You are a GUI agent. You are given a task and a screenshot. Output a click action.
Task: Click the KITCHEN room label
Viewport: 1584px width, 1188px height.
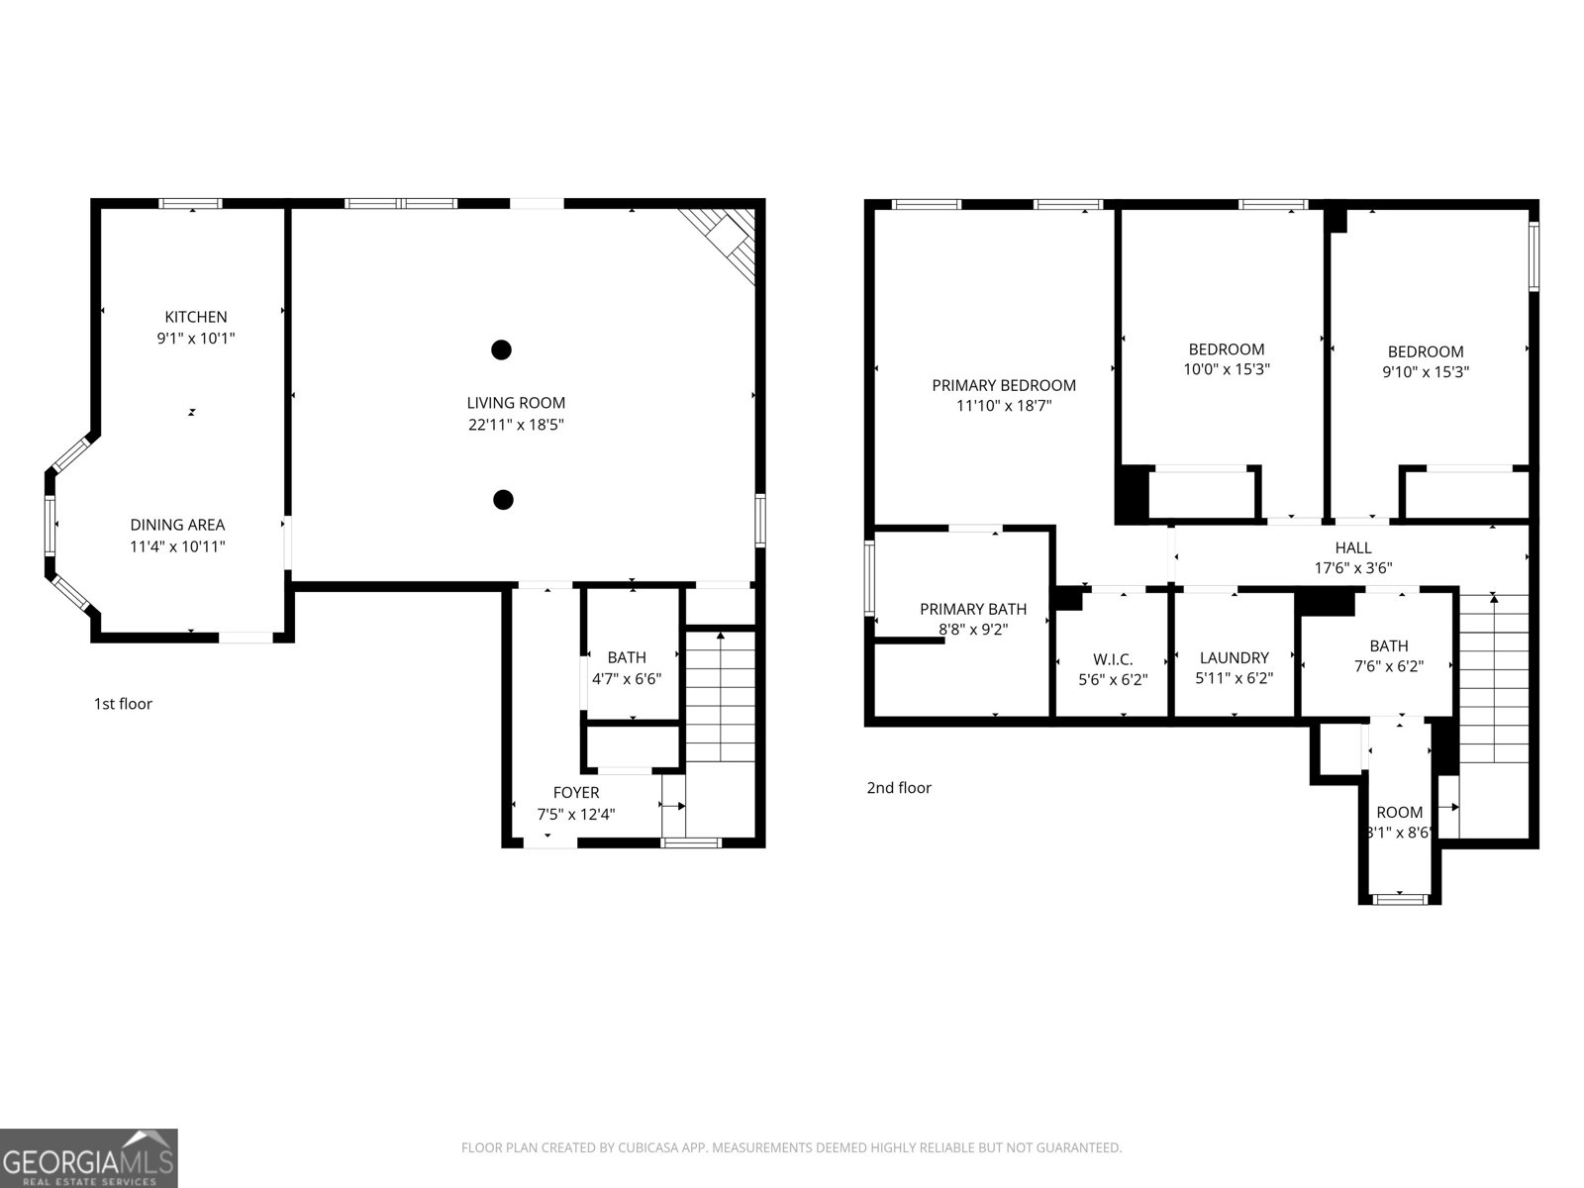pos(195,317)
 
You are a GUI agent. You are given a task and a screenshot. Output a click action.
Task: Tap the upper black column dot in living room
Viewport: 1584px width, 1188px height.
pos(502,349)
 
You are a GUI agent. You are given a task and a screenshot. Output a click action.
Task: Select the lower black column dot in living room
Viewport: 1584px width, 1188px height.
pos(503,500)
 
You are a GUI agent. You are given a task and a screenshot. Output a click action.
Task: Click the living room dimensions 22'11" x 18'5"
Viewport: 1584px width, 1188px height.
pos(516,425)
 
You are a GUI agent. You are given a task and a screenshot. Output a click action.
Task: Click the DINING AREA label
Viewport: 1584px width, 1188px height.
pos(177,525)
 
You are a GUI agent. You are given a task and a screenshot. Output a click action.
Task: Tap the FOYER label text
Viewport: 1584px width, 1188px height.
pos(575,793)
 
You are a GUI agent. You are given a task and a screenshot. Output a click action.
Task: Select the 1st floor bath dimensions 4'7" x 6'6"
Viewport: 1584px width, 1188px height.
pos(626,679)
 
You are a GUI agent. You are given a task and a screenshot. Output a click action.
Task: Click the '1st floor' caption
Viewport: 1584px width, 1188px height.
pos(123,704)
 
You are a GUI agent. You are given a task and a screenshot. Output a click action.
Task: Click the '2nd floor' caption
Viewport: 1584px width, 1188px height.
pos(899,788)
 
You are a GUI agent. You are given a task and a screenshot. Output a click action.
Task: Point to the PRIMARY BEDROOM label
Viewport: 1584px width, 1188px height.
pos(1003,385)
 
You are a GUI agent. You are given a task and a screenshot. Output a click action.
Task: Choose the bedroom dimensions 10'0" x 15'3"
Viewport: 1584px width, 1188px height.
pos(1226,370)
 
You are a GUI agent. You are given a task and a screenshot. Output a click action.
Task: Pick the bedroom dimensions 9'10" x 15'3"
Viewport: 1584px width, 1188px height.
pos(1425,373)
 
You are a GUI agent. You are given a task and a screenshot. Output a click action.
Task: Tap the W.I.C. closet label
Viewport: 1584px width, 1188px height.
pos(1113,659)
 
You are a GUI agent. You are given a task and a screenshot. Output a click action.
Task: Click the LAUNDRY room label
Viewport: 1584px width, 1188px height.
pos(1234,657)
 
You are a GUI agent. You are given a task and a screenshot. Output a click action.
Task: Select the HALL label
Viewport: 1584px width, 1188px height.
pos(1352,547)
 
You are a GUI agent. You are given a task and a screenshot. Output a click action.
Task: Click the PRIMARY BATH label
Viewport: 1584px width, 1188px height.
pos(972,609)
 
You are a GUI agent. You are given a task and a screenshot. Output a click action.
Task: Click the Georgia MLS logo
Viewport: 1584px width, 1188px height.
pos(88,1158)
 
